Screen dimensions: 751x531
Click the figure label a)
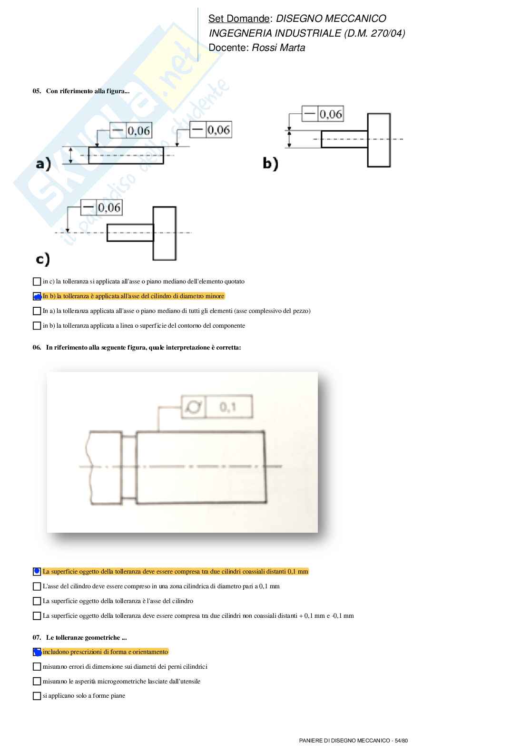coord(43,165)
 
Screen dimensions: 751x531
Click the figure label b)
coord(270,164)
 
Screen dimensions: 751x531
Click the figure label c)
coord(43,259)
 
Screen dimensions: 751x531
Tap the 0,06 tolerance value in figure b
coord(331,114)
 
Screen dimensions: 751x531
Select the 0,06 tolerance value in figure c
coord(109,207)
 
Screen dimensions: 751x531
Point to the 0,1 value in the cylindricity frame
coord(228,407)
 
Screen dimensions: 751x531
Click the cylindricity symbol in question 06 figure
coord(194,407)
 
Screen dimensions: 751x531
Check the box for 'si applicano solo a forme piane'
coord(37,696)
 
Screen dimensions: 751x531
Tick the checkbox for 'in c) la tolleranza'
coord(37,282)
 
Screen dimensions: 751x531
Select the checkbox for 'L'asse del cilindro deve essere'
coord(37,586)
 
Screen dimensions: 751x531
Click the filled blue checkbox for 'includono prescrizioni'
coord(37,652)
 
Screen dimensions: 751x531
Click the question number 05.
coord(37,91)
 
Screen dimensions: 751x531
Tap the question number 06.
coord(37,348)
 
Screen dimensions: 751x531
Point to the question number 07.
coord(37,638)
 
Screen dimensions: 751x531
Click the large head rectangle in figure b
coord(379,140)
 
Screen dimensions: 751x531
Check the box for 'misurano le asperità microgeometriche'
coord(37,682)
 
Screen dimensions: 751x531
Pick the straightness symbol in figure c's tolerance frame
coord(88,207)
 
